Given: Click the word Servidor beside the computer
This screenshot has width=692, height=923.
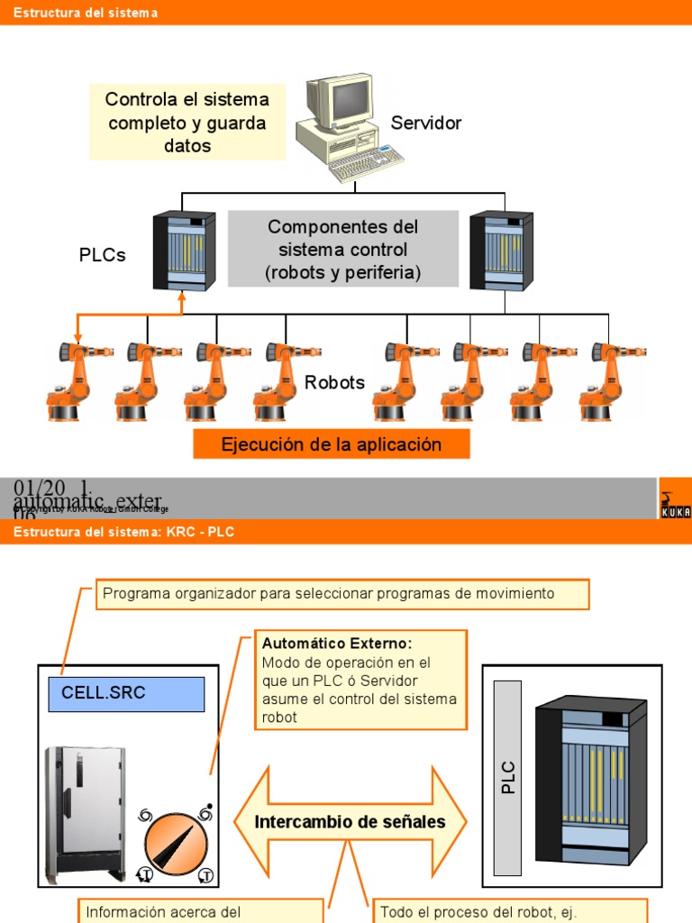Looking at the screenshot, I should pos(426,123).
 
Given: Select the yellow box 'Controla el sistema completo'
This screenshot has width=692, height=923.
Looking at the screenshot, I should pos(187,123).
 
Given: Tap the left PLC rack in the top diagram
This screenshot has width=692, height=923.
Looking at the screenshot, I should pos(184,251).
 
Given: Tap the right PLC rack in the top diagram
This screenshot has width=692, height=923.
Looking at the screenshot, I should pos(501,251).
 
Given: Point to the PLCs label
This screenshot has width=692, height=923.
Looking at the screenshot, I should pos(103,255).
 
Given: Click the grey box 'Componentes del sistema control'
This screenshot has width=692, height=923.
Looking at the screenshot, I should pos(342,250).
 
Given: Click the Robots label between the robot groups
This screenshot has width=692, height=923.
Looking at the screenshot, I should pos(334,382).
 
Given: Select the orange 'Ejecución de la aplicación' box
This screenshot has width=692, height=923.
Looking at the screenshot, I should pos(332,444).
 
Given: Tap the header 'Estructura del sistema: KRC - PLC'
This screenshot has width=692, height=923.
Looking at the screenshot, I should pos(123,533).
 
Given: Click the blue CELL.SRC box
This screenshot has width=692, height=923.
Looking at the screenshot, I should pos(126,693).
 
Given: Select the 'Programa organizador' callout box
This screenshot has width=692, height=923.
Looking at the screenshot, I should pos(342,594).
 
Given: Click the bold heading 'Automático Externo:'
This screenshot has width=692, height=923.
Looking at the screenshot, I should pos(336,644).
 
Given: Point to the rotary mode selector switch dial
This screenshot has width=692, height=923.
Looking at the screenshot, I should pos(175,846).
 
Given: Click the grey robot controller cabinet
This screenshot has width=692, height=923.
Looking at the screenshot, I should pos(85,811).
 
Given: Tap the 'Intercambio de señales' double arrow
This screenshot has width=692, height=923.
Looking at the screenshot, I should pos(351,821).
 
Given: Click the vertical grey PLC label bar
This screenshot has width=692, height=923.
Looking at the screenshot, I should pos(508,777).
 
